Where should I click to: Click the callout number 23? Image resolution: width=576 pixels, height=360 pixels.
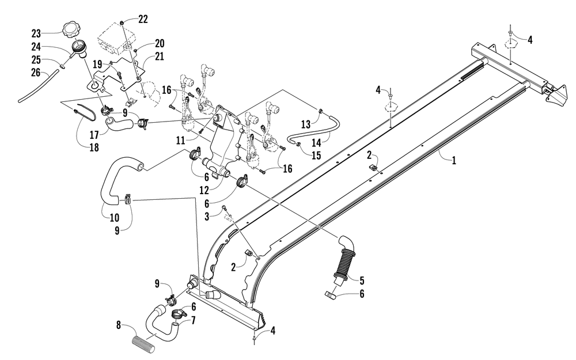point(36,34)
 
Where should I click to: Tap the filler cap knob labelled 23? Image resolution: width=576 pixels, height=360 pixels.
point(69,29)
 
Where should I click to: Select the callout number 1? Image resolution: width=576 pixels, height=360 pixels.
point(454,160)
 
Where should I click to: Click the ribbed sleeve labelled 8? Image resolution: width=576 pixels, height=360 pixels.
point(146,344)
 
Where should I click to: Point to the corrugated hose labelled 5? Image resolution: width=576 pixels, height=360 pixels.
point(344,259)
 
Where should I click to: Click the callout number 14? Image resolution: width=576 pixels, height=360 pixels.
point(316,142)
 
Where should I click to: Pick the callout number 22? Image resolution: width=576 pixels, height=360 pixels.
point(143,19)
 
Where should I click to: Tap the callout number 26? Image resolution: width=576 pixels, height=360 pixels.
point(36,73)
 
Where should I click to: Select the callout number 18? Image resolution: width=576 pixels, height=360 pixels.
point(94,147)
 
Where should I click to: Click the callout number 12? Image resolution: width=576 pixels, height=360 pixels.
point(204,190)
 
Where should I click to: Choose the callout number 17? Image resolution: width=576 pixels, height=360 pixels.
point(94,135)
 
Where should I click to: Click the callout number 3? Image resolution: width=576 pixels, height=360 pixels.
point(207,217)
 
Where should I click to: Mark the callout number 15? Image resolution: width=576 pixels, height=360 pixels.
point(316,156)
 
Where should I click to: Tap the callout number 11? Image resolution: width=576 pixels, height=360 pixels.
point(180,141)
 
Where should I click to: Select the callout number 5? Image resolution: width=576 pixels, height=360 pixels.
point(362,281)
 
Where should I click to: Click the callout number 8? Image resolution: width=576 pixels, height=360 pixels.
point(118,325)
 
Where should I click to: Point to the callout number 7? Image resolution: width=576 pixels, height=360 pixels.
point(193,320)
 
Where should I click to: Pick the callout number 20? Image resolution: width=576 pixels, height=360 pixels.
point(160,43)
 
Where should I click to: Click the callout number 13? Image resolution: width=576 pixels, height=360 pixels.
point(306,124)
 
